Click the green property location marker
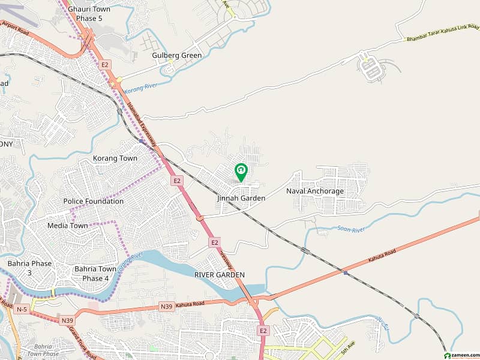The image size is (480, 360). click(241, 172)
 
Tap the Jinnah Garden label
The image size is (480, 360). click(241, 198)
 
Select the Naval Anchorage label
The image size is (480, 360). click(315, 191)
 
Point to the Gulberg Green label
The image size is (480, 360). click(177, 55)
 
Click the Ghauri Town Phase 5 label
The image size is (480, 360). click(89, 14)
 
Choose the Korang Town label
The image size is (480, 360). click(115, 158)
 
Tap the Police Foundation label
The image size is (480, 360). click(94, 202)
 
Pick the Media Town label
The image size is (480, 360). click(68, 226)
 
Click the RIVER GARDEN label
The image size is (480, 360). click(220, 274)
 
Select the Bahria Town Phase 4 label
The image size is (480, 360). click(95, 274)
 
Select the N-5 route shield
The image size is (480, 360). click(22, 310)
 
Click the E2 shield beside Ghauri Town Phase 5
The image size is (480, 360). click(106, 64)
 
